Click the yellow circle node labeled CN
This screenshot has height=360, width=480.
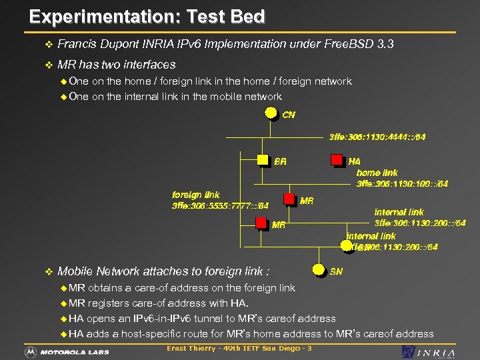click(271, 112)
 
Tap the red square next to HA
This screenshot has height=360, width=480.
click(337, 160)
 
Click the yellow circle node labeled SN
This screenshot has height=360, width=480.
click(319, 270)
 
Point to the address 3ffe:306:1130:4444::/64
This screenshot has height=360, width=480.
click(377, 137)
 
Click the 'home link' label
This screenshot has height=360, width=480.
click(377, 173)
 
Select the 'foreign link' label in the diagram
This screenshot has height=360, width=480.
click(195, 195)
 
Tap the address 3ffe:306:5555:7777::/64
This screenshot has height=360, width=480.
click(220, 206)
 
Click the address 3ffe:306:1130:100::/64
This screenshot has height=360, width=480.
click(402, 183)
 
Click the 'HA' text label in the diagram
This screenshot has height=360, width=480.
click(354, 161)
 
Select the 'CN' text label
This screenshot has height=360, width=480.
click(289, 115)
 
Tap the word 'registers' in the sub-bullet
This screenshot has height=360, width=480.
click(110, 303)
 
